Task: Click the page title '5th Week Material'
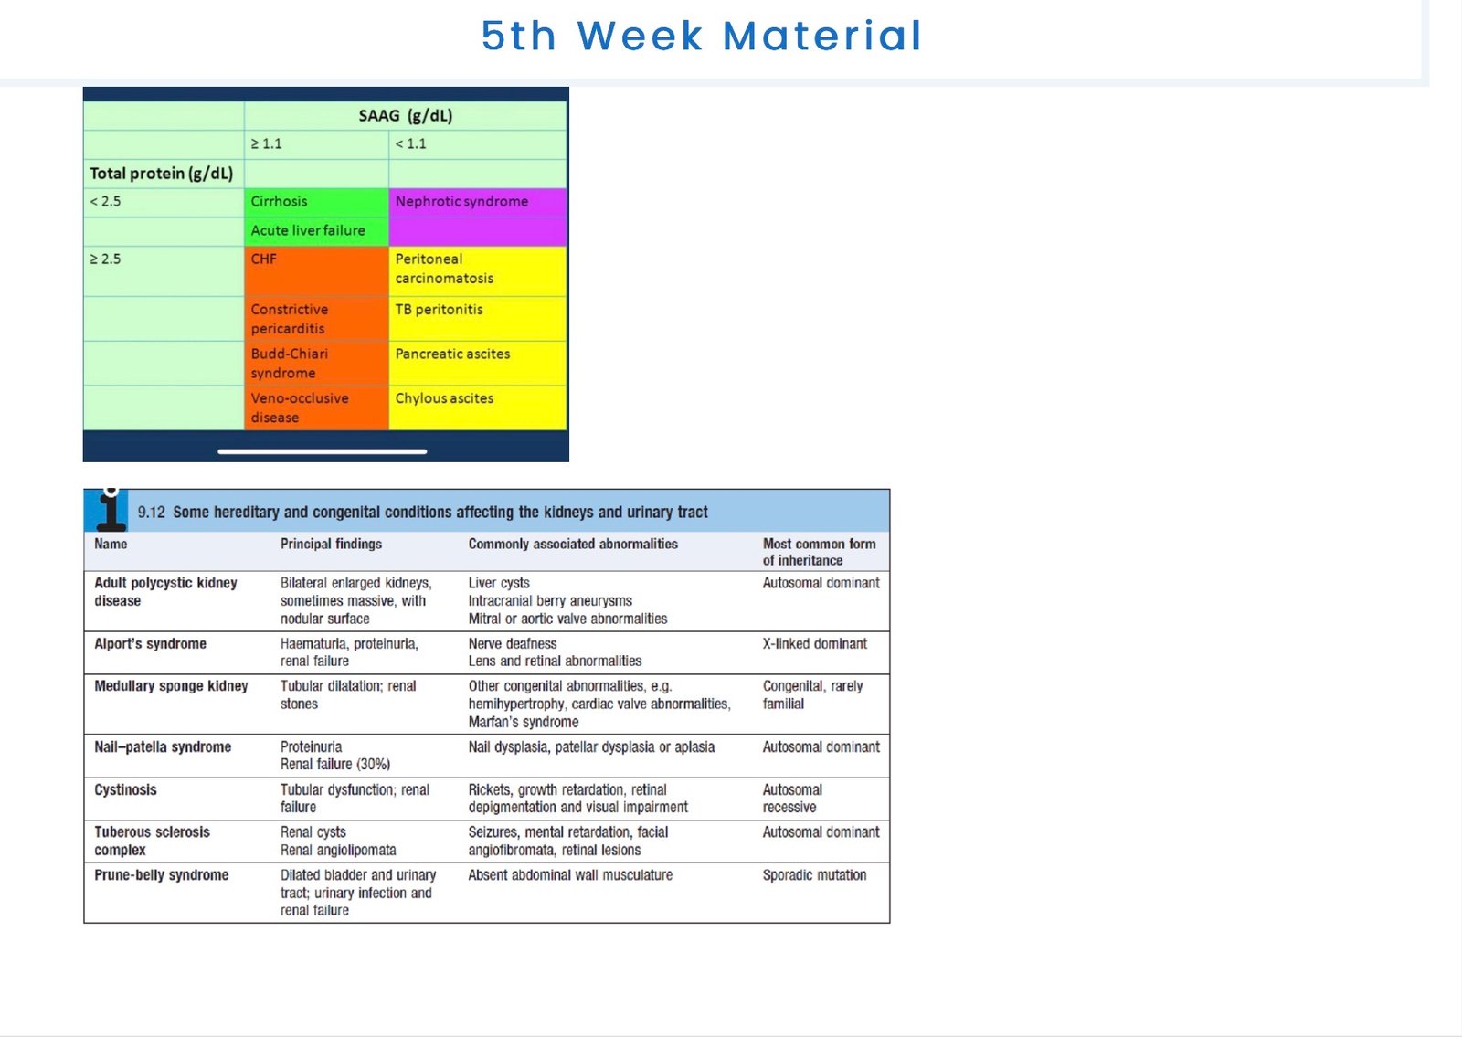702,36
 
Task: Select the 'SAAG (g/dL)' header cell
406,115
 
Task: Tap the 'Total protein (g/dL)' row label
161,174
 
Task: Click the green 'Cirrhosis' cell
316,202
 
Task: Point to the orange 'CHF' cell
316,270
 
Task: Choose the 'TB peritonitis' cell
477,319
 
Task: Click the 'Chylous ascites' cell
477,407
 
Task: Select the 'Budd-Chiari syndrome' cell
316,363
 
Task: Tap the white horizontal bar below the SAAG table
323,451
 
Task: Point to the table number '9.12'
152,513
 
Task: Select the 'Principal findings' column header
331,544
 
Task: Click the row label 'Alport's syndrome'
150,643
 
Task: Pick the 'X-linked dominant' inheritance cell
814,643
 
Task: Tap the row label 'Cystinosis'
125,789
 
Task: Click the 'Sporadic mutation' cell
814,875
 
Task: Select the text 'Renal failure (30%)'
335,764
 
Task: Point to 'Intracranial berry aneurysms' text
550,600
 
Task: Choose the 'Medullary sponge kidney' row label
171,686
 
